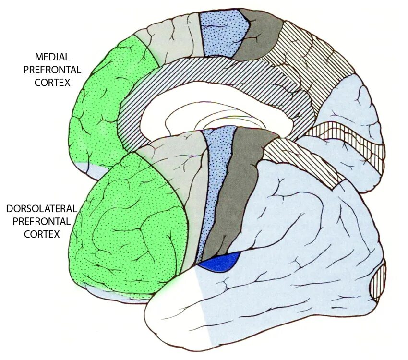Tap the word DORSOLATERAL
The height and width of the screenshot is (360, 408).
pyautogui.click(x=42, y=209)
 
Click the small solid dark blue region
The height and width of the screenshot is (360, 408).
pyautogui.click(x=220, y=262)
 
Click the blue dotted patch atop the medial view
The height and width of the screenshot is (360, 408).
pyautogui.click(x=223, y=31)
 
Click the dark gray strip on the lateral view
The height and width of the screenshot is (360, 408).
pyautogui.click(x=240, y=192)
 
